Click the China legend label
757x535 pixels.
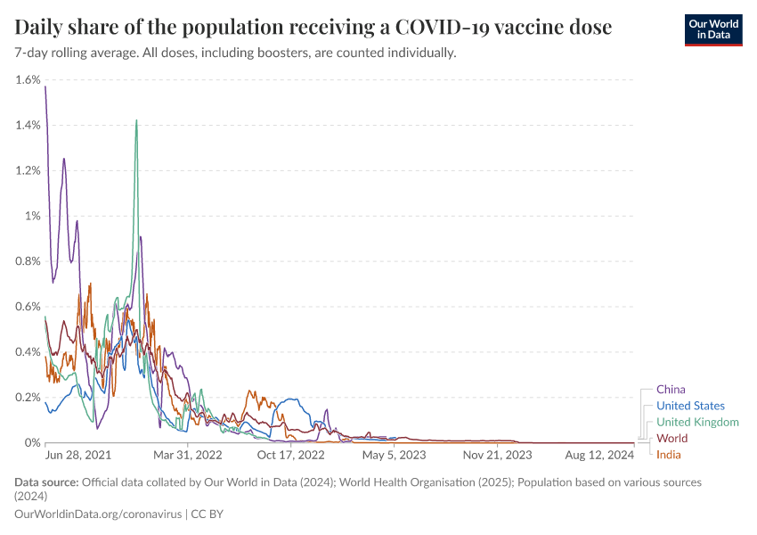pos(671,390)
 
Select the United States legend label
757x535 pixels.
pos(690,406)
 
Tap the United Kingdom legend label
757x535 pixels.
pos(697,422)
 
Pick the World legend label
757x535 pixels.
pos(672,439)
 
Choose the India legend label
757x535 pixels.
pos(669,455)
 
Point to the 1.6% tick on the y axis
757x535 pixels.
pos(28,79)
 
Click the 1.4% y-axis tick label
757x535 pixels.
pos(28,125)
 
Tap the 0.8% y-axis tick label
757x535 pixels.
pos(28,261)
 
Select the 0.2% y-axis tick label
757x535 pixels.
pos(28,397)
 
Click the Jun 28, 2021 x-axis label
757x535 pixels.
pos(79,455)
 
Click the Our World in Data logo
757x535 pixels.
pos(712,29)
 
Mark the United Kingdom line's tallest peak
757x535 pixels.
pos(136,120)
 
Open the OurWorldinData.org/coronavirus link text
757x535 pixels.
pos(97,514)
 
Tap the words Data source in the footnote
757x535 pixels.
pos(46,482)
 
